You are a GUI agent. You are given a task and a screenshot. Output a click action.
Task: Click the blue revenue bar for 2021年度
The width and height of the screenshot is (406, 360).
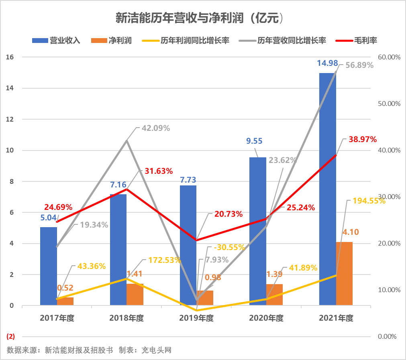pos(327,189)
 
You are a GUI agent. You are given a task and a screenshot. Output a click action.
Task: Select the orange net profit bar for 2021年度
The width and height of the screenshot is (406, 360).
pos(344,273)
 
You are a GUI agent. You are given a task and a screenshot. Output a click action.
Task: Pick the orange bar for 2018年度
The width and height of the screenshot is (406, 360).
pos(135,295)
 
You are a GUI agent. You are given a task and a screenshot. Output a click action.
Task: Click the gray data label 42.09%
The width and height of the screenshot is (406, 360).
pos(156,128)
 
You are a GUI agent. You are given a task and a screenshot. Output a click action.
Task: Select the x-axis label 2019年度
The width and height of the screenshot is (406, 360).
pos(196,318)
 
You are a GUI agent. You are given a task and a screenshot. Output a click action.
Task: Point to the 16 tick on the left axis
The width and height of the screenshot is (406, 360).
pos(10,57)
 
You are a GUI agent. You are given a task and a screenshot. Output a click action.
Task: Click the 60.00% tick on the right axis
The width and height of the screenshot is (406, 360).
pos(390,57)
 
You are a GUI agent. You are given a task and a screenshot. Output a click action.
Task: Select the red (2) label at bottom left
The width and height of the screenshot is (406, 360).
pos(11,336)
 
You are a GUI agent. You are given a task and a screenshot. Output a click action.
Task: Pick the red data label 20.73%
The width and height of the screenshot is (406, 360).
pos(228,214)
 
